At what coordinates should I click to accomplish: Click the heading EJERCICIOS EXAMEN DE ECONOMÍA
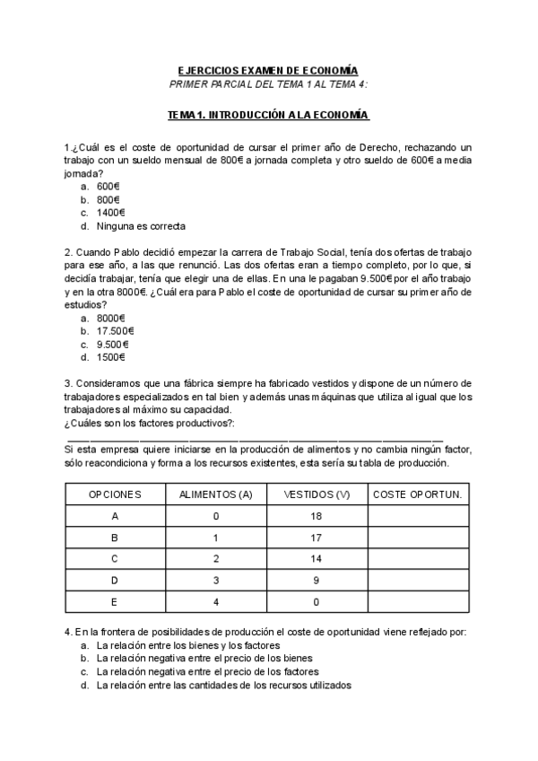pyautogui.click(x=268, y=70)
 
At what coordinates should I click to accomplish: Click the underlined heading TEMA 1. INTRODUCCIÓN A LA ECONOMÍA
pyautogui.click(x=268, y=116)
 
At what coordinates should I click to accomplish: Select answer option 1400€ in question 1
pyautogui.click(x=110, y=213)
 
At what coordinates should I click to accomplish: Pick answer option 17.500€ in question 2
pyautogui.click(x=115, y=330)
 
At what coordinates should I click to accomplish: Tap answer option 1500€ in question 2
pyautogui.click(x=110, y=357)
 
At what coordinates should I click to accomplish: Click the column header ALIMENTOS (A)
pyautogui.click(x=216, y=494)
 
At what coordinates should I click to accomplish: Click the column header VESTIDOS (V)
pyautogui.click(x=317, y=494)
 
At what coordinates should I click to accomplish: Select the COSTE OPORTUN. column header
pyautogui.click(x=417, y=494)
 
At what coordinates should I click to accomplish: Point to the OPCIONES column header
pyautogui.click(x=115, y=494)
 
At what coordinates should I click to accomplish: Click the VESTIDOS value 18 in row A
pyautogui.click(x=317, y=516)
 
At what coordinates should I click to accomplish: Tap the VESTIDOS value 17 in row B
pyautogui.click(x=317, y=538)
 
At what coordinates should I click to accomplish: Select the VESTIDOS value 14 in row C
pyautogui.click(x=317, y=559)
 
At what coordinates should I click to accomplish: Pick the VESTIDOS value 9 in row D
pyautogui.click(x=317, y=581)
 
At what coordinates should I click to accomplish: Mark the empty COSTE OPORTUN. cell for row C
pyautogui.click(x=417, y=559)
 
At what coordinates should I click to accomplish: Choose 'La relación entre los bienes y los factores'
pyautogui.click(x=189, y=645)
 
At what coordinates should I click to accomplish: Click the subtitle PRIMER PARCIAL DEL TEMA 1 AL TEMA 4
pyautogui.click(x=268, y=83)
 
